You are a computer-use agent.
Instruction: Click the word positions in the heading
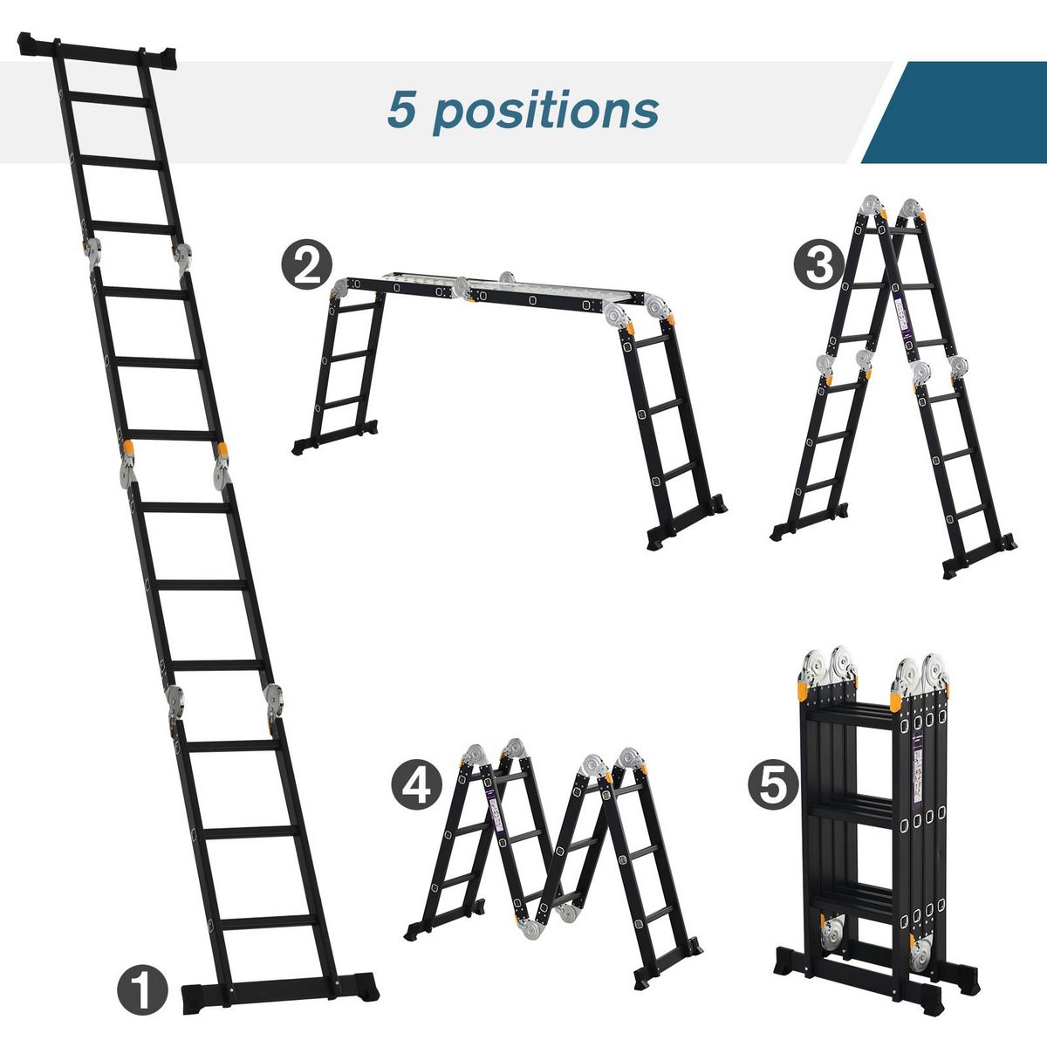(545, 112)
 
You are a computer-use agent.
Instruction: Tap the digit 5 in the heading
(403, 110)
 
